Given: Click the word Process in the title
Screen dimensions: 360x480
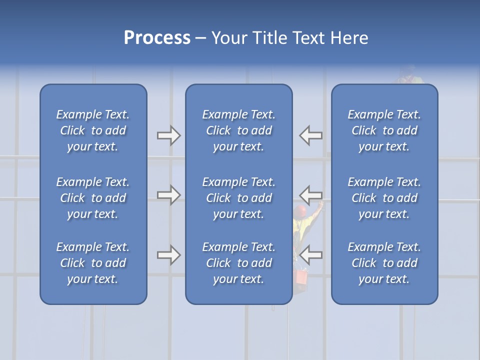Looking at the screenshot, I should (x=157, y=38).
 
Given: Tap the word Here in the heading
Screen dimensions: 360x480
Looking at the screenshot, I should (x=349, y=38).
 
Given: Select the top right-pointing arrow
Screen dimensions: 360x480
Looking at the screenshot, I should (x=168, y=135).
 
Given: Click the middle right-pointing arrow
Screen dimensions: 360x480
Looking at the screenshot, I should (x=168, y=195).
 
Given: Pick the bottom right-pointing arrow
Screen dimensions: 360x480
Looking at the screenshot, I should (x=168, y=255).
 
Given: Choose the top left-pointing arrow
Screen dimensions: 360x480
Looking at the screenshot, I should (x=311, y=135).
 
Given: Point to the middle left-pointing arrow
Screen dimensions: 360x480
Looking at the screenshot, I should (x=311, y=195).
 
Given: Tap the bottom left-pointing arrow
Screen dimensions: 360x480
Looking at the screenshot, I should (x=311, y=255).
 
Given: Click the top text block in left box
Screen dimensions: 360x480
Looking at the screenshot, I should (x=93, y=130).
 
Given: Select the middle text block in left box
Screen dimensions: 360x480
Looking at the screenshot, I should (x=93, y=198).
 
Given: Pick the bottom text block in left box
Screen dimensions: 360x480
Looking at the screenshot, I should (x=93, y=263).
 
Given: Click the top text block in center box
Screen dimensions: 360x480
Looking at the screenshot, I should (x=239, y=130).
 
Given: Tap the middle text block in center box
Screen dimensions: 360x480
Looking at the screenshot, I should (x=239, y=198).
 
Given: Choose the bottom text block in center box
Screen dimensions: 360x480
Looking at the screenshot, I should (x=239, y=263).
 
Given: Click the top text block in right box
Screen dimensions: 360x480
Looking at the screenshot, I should (x=384, y=130).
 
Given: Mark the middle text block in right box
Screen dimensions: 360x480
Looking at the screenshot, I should (x=384, y=198).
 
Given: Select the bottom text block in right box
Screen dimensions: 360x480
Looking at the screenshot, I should (x=384, y=263).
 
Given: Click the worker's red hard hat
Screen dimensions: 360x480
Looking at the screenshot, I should (x=300, y=211).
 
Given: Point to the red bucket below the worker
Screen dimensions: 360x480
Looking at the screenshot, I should (x=301, y=275).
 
